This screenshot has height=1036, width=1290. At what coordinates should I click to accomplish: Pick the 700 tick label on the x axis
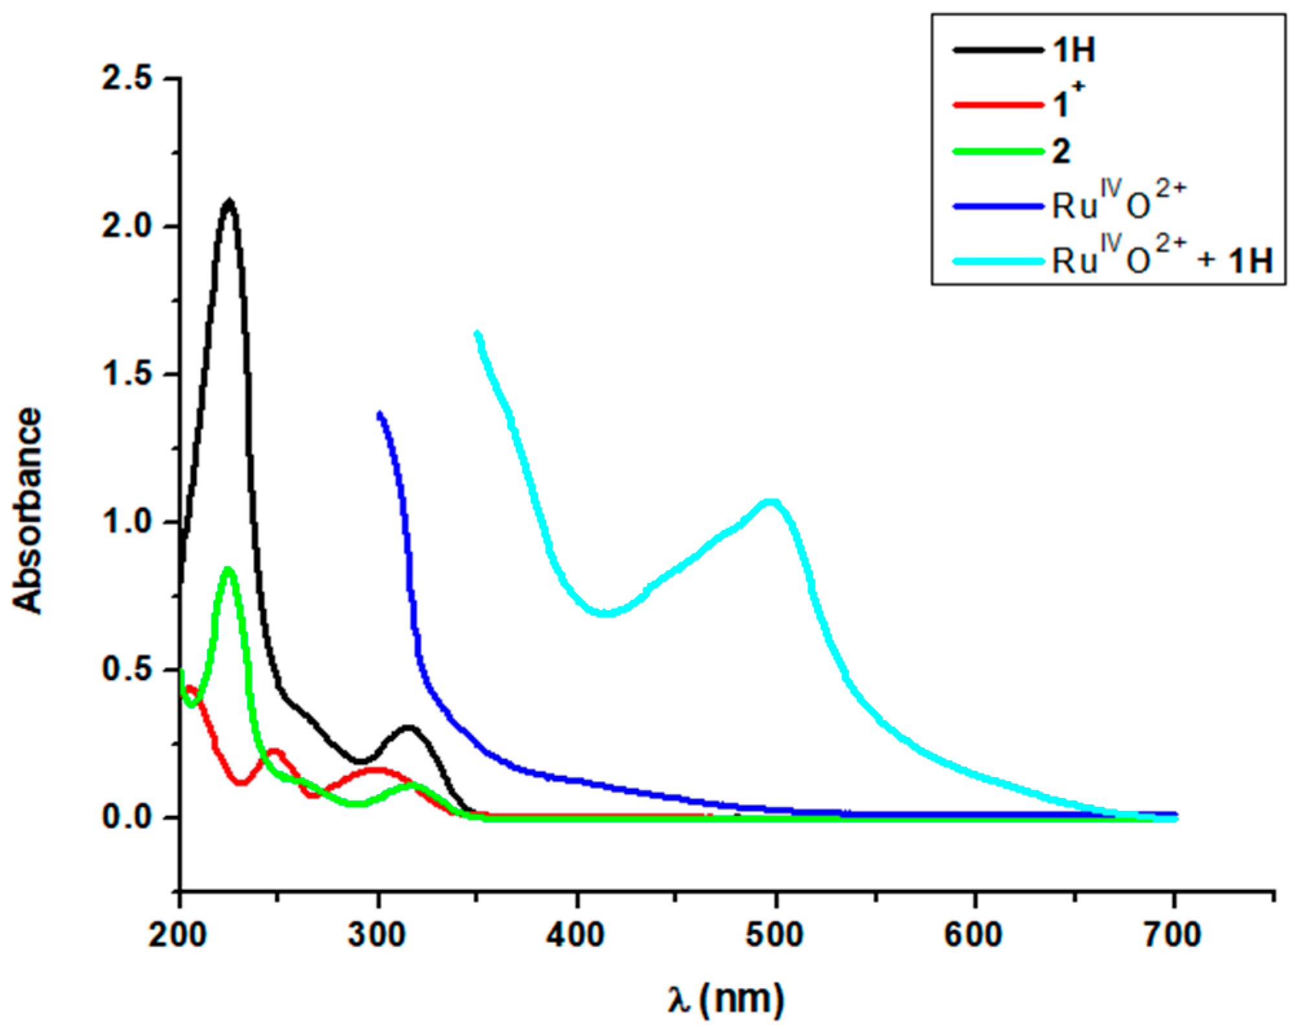click(x=1172, y=934)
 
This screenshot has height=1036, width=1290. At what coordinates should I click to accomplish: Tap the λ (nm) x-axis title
click(x=726, y=1000)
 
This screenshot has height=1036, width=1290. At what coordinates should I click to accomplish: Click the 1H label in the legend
click(x=1074, y=50)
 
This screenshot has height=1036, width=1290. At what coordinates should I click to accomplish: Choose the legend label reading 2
click(x=1061, y=151)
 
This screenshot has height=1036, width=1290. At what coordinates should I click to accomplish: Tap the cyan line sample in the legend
click(x=998, y=261)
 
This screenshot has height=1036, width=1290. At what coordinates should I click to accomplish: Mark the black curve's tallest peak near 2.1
click(x=228, y=202)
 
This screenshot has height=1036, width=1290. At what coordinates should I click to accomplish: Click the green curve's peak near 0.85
click(x=227, y=569)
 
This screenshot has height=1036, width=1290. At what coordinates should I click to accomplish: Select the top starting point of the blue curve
click(x=380, y=414)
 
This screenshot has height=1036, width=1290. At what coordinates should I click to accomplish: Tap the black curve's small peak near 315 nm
click(x=408, y=728)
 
